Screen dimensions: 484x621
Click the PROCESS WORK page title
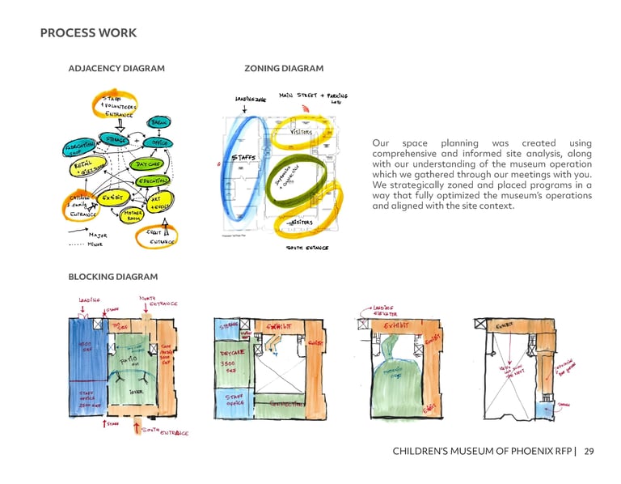(x=88, y=33)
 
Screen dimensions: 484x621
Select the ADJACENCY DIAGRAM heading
(x=116, y=69)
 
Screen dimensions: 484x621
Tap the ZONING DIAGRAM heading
(x=283, y=69)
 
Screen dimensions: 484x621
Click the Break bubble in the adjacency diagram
(x=158, y=123)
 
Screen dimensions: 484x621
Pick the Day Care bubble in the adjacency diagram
(x=152, y=164)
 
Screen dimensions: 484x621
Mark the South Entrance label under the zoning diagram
(x=307, y=248)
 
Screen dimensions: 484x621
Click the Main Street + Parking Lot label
(x=313, y=97)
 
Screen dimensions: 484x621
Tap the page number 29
(x=589, y=451)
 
